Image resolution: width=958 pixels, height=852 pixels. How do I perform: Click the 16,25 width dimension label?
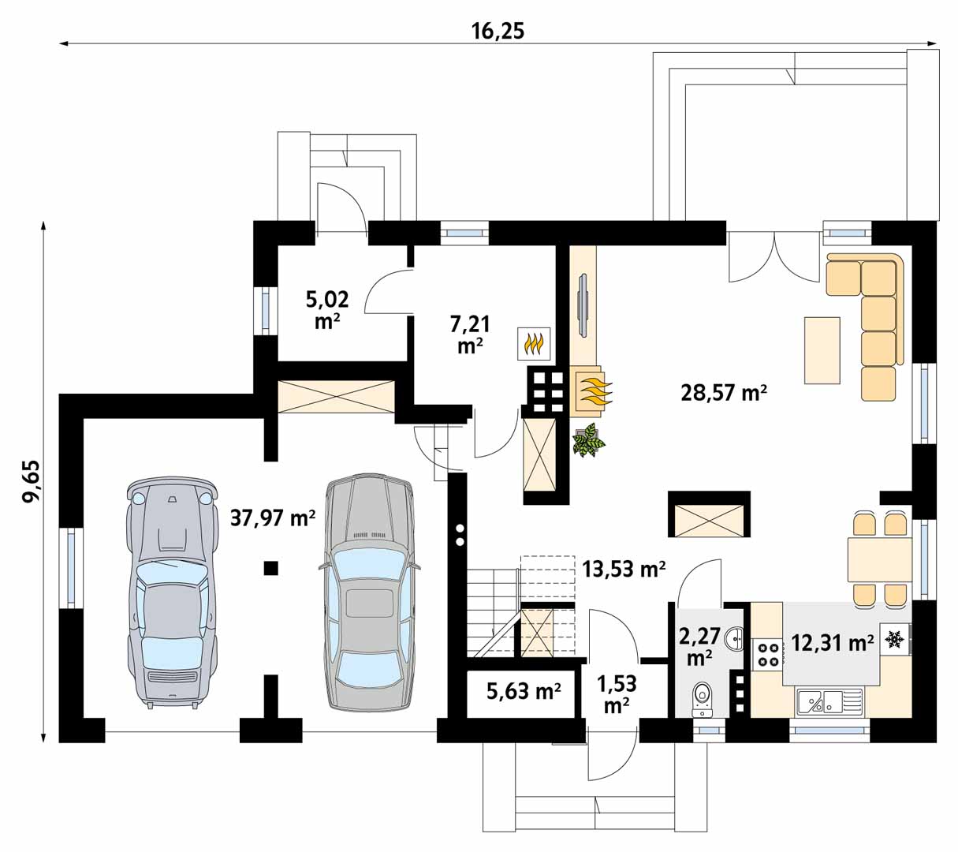498,32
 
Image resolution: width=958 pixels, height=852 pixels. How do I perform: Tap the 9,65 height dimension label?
32,482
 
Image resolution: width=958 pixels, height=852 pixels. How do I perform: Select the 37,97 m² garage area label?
273,518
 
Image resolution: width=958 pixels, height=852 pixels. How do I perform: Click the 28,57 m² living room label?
724,393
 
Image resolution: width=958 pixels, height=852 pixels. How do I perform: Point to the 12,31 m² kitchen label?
833,642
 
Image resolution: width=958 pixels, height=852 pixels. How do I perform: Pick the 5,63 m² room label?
524,691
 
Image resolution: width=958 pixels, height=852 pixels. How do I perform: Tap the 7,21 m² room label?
470,335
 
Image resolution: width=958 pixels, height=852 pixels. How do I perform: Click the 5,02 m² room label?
327,310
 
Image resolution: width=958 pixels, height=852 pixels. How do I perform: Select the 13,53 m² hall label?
624,569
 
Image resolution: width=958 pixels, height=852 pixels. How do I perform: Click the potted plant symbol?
589,440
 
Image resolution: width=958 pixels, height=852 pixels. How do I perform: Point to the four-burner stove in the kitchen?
768,654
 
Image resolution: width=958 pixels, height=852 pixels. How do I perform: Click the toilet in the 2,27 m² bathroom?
703,699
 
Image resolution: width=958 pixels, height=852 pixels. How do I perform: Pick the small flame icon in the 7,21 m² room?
534,344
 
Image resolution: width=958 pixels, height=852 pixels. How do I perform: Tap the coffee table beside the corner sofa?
822,350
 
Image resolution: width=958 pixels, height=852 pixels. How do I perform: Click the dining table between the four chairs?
879,559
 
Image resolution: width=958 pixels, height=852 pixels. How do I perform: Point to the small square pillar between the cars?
271,568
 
